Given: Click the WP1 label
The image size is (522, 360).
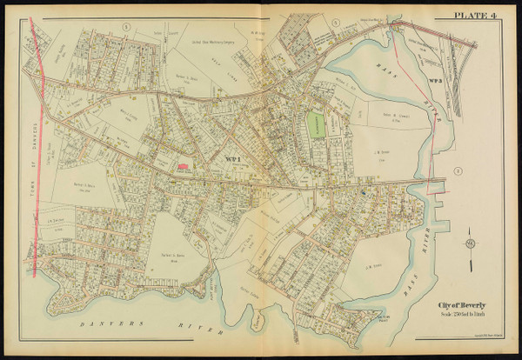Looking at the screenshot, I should tap(232, 158).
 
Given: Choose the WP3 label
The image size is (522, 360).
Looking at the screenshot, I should tap(436, 81).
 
